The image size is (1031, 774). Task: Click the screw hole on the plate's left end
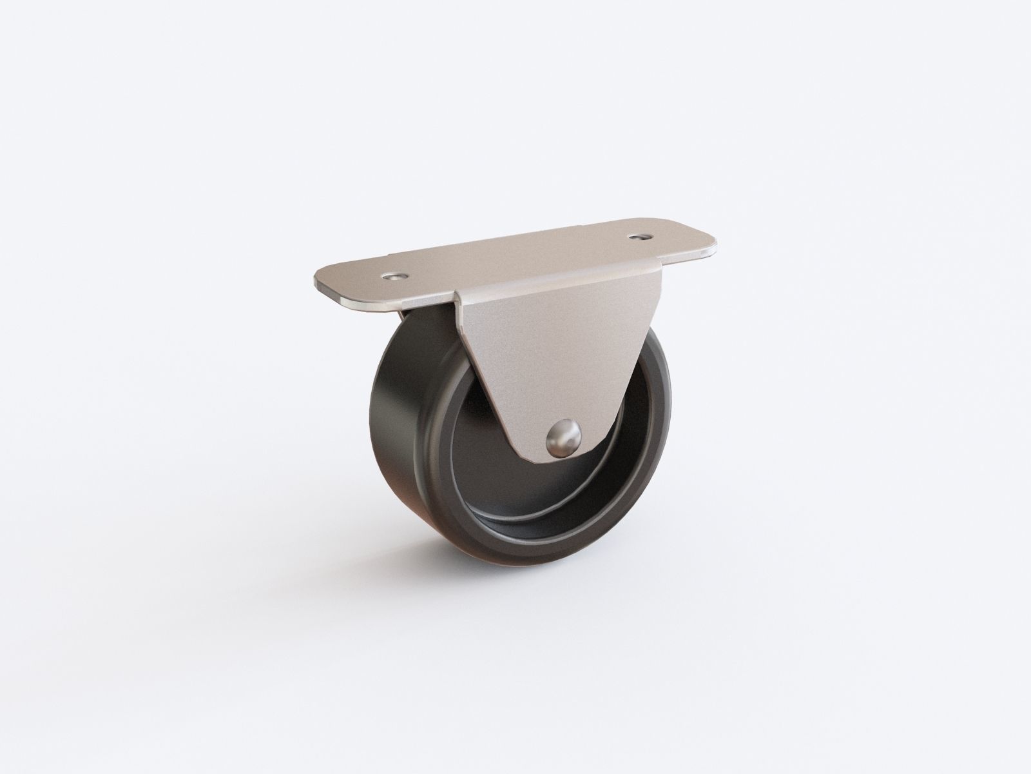click(x=394, y=276)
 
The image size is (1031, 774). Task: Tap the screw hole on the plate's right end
click(x=639, y=237)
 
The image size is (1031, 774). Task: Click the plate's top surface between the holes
click(x=515, y=258)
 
